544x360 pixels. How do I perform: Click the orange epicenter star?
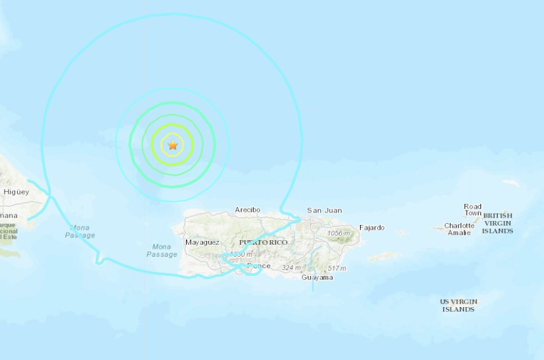(x=173, y=145)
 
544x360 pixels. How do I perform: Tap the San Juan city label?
(x=324, y=210)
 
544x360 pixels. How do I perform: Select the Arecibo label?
(x=248, y=210)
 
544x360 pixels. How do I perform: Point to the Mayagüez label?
(x=202, y=242)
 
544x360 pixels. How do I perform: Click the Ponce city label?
(x=259, y=266)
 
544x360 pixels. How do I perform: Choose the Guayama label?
(x=317, y=277)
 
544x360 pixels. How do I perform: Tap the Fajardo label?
(x=371, y=228)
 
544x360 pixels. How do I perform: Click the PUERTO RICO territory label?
(x=263, y=242)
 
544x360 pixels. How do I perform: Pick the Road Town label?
(x=473, y=210)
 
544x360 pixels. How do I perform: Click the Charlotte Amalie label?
(x=459, y=229)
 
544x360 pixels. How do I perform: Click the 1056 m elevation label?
(x=338, y=233)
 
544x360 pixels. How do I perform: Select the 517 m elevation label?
(x=337, y=267)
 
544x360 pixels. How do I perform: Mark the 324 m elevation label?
(x=291, y=267)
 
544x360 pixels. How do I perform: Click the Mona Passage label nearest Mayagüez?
(x=161, y=250)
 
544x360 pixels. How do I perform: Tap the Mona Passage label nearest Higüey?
(x=80, y=231)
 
